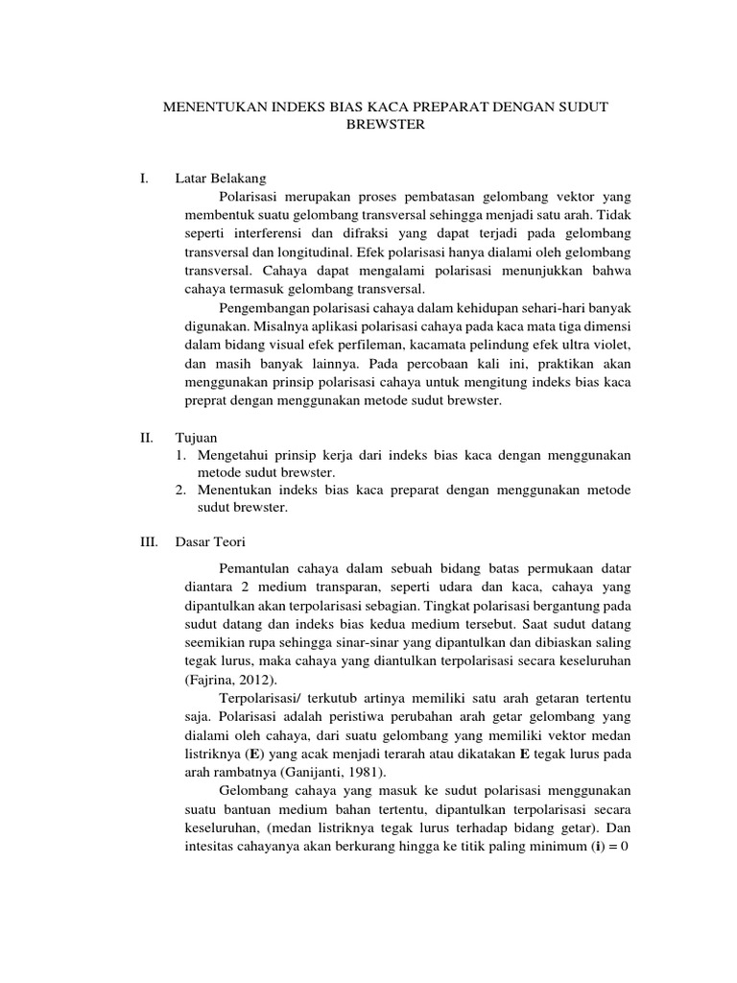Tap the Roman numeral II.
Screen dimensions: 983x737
147,436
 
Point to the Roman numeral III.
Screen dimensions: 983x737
149,541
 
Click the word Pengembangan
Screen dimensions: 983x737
266,307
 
